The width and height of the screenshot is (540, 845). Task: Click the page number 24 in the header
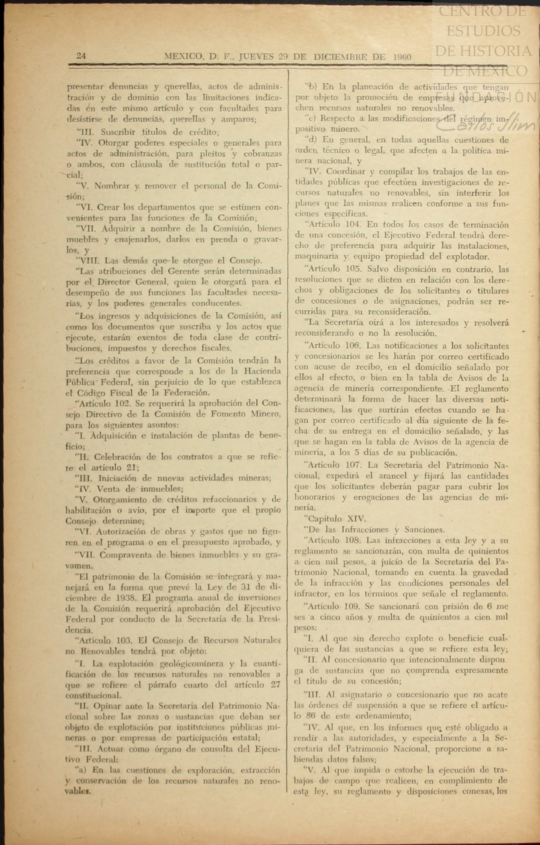coord(81,56)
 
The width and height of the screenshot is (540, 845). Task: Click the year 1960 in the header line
coord(402,57)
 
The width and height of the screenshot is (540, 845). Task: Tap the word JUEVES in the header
coord(256,57)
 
